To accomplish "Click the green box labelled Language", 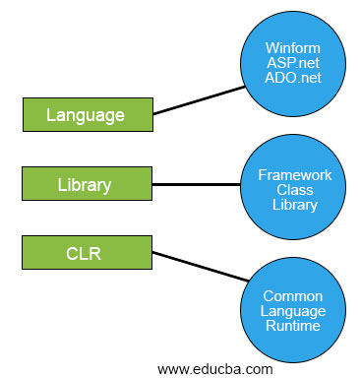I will click(86, 115).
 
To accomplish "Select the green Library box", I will click(86, 184).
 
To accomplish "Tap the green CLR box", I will click(86, 254).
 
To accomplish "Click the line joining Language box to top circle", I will click(199, 100).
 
